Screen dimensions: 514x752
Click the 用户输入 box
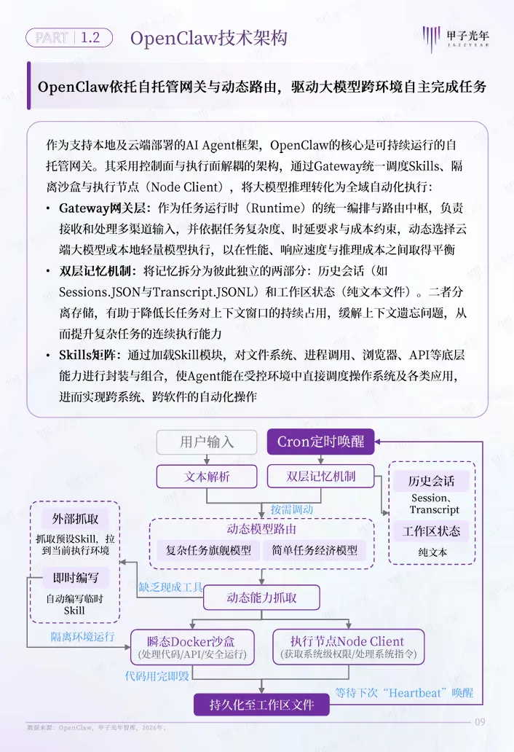click(207, 442)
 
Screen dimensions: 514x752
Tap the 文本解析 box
click(207, 477)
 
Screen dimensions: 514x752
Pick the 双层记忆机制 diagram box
click(321, 477)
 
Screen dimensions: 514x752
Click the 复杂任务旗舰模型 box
click(208, 550)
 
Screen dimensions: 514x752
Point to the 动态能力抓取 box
click(261, 598)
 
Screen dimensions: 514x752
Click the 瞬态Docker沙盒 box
click(192, 647)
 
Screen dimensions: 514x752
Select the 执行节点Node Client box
click(347, 647)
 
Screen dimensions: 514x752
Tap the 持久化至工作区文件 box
click(261, 705)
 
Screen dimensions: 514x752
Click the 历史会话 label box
click(431, 481)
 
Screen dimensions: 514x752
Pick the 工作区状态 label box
click(431, 531)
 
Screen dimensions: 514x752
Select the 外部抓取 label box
click(75, 519)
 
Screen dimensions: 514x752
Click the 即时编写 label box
click(75, 578)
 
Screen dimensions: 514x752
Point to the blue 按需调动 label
click(291, 509)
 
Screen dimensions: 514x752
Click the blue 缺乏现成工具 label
click(171, 587)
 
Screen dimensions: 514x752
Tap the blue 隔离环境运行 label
click(82, 637)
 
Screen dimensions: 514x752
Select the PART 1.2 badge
click(68, 38)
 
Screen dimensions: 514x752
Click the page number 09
click(480, 723)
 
